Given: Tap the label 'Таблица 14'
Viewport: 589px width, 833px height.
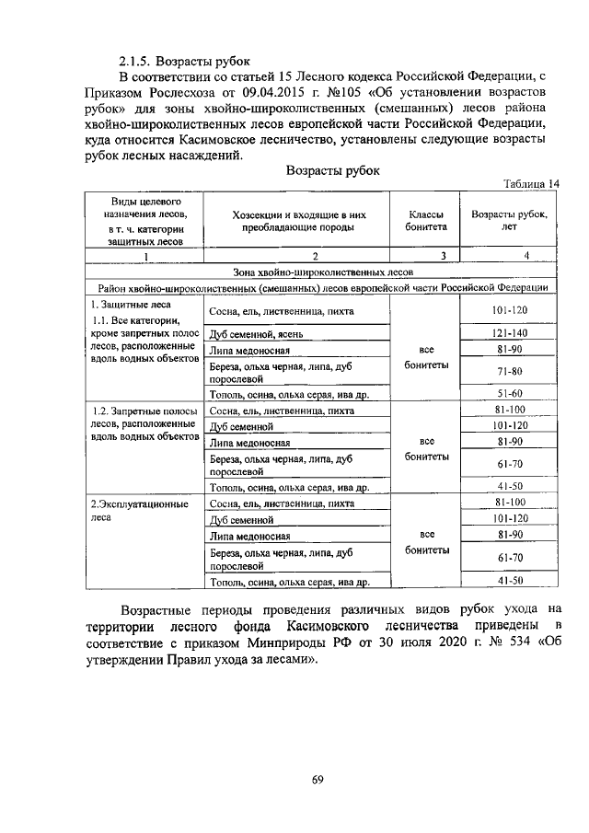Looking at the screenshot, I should [529, 184].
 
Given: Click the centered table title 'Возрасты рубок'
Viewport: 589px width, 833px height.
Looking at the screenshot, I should [332, 171].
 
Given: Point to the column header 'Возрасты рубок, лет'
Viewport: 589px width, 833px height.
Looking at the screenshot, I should [509, 220].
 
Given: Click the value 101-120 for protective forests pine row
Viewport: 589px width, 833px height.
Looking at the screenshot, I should [509, 310].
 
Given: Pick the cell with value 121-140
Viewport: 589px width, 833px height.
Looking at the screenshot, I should [509, 332].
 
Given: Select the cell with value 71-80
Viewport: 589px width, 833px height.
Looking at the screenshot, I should [509, 371].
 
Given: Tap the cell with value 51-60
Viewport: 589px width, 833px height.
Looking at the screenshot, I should [509, 393].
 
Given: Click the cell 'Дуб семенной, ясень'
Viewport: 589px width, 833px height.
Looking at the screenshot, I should [263, 333].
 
